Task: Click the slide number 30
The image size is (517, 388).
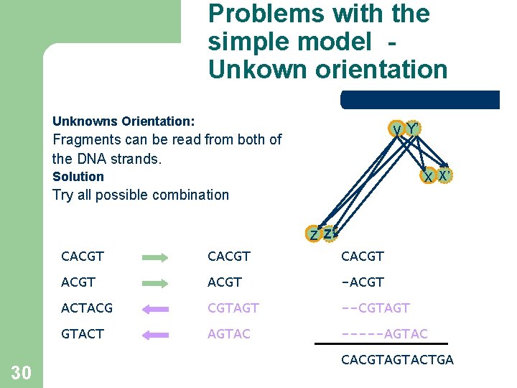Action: click(x=21, y=372)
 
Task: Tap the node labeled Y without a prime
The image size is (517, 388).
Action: click(x=396, y=130)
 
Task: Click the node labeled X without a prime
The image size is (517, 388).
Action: click(x=429, y=176)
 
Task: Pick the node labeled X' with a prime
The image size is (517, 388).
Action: click(x=445, y=175)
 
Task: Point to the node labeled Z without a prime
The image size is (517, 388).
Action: click(x=314, y=234)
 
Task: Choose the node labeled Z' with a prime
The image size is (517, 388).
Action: click(x=328, y=234)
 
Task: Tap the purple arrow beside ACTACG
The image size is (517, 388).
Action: click(x=155, y=309)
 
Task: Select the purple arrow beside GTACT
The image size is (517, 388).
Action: click(x=155, y=335)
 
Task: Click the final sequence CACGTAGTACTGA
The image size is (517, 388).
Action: click(x=397, y=359)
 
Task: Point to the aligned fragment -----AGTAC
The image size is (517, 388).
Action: click(x=384, y=333)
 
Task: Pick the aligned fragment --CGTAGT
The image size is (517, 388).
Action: click(x=376, y=308)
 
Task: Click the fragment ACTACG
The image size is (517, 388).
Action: click(x=87, y=308)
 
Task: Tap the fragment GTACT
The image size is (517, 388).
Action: click(x=83, y=333)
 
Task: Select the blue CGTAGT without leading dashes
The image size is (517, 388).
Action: click(x=233, y=308)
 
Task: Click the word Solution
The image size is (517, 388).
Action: click(x=78, y=177)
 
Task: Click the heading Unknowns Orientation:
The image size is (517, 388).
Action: click(x=124, y=121)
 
